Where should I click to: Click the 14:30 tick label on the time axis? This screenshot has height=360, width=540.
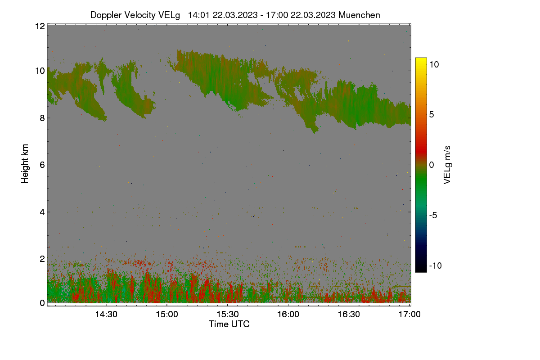point(106,314)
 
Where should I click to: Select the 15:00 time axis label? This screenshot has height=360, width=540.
point(167,314)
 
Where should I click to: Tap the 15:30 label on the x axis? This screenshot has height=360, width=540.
point(228,314)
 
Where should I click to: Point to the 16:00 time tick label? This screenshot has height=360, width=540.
point(288,314)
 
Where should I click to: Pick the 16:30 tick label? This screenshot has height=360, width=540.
point(349,314)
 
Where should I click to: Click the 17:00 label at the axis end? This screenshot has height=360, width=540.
point(409,314)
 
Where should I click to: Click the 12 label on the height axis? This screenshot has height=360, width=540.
point(40,26)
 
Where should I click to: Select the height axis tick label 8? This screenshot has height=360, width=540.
point(42,118)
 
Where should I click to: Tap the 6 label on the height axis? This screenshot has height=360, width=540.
point(42,165)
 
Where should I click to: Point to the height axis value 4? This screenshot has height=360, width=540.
point(42,212)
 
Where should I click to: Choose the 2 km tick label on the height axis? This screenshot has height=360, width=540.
point(42,259)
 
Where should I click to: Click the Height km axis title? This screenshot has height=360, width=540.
point(25,164)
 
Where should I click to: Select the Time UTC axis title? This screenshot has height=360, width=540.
point(229,324)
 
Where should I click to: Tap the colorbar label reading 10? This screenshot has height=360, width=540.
point(434,64)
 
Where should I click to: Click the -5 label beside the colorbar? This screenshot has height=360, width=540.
point(433,215)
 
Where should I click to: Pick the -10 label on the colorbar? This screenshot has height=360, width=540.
point(435,265)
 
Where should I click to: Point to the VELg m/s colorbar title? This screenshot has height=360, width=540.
point(447,165)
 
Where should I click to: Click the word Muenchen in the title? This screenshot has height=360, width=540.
point(359,15)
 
